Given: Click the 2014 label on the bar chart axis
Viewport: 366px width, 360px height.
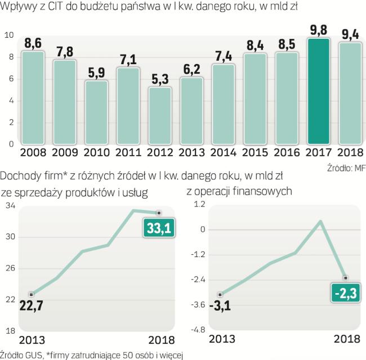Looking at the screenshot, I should pyautogui.click(x=225, y=153).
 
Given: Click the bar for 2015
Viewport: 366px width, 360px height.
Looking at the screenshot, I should pyautogui.click(x=256, y=98).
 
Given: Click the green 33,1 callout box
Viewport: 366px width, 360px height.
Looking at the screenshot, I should pyautogui.click(x=159, y=227).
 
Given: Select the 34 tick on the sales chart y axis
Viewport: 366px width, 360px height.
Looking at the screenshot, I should pyautogui.click(x=9, y=206).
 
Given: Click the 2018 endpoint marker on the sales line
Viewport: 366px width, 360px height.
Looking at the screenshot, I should pyautogui.click(x=159, y=213).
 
